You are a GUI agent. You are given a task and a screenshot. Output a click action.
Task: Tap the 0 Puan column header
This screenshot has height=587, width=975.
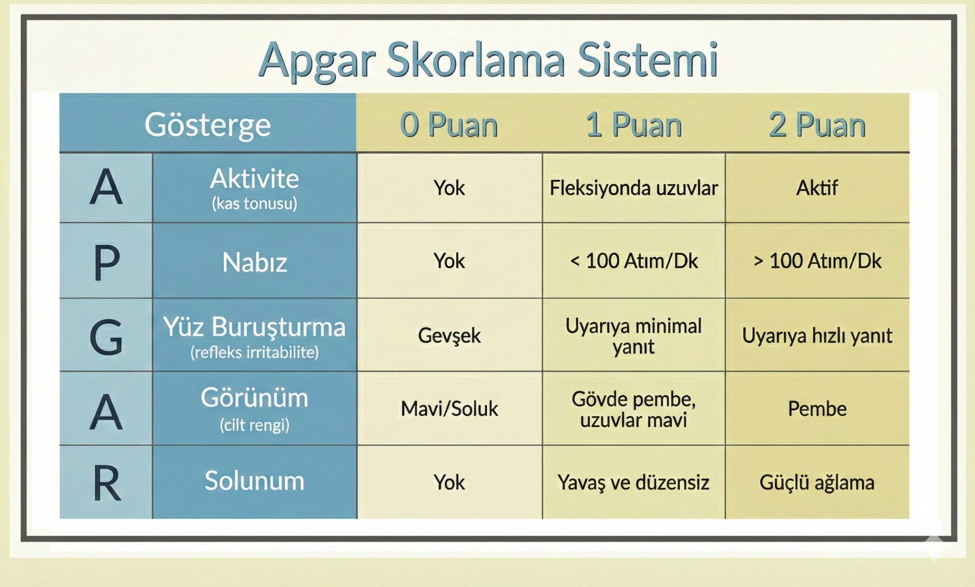tap(449, 124)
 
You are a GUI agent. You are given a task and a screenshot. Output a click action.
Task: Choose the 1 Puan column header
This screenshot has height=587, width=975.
tap(634, 124)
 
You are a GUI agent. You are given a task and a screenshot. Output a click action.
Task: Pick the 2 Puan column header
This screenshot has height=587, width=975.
tap(817, 124)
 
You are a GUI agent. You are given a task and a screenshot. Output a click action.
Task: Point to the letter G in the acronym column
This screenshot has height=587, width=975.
tap(106, 337)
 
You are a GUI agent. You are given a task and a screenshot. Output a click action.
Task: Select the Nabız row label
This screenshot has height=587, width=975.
tap(254, 262)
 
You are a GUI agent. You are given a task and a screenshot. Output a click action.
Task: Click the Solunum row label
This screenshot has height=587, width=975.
tap(254, 481)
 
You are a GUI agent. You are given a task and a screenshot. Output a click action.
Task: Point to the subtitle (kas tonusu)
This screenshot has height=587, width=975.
tap(254, 203)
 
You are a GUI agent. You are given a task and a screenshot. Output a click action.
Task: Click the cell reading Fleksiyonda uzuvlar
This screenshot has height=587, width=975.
tap(633, 188)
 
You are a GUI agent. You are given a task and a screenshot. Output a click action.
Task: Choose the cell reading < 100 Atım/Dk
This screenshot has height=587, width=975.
tap(634, 261)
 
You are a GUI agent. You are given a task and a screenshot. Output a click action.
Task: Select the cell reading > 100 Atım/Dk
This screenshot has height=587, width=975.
tap(817, 261)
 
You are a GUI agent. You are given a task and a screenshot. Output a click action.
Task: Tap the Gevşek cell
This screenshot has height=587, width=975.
tap(449, 336)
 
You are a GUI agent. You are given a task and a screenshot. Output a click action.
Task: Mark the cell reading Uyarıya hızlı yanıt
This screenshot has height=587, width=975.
tap(817, 336)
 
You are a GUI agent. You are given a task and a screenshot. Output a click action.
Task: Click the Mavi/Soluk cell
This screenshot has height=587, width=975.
tap(449, 408)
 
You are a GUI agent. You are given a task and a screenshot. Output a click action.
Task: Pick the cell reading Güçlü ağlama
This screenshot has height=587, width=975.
tap(817, 483)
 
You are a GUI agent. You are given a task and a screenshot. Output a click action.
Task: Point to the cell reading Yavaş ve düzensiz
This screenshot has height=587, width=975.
tap(633, 482)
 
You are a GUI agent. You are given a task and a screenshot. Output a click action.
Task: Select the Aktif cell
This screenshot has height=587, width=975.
tap(817, 188)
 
